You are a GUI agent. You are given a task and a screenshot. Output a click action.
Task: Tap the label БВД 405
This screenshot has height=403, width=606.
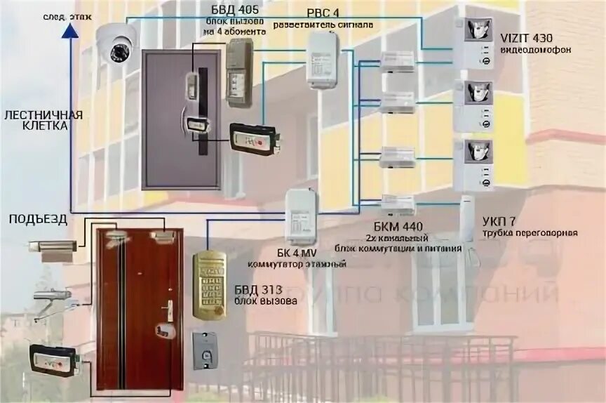pos(220,10)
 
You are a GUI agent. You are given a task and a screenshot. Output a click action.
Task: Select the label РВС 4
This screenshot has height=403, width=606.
pos(322,13)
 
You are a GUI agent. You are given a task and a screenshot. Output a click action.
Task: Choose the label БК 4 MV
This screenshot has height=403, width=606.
pos(297,253)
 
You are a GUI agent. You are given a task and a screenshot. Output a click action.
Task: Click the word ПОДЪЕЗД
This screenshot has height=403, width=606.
pos(38,219)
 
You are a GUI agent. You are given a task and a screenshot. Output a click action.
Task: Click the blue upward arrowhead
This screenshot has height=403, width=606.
pos(68,28)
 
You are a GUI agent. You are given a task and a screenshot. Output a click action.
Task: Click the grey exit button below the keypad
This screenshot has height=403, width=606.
pos(207,350)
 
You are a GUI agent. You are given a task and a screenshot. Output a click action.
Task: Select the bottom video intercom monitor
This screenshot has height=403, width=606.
pos(473,164)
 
